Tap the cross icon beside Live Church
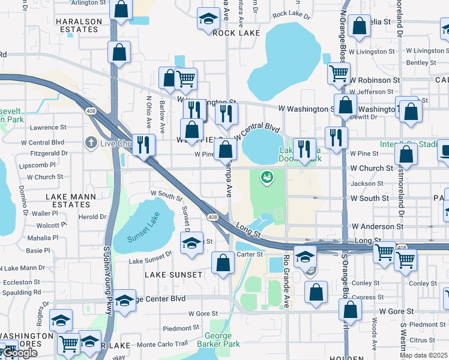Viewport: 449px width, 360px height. [x=91, y=142]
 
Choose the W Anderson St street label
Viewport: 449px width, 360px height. [x=377, y=226]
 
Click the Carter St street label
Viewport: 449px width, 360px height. [x=249, y=254]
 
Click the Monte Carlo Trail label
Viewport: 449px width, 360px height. [x=163, y=344]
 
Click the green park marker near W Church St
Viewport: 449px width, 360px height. [x=267, y=177]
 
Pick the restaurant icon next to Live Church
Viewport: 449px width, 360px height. [x=144, y=145]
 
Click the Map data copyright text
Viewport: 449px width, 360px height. [x=423, y=355]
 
